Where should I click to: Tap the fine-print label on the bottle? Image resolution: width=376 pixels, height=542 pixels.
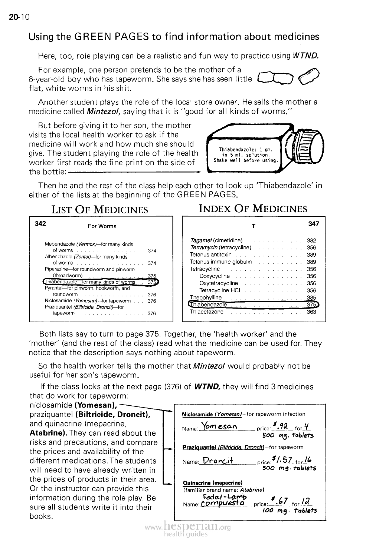coord(245,155)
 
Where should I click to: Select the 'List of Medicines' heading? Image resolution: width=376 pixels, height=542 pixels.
coord(99,210)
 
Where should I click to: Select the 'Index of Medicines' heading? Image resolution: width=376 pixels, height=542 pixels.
coord(253,209)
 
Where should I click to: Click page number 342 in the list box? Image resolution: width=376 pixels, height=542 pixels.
coord(40,223)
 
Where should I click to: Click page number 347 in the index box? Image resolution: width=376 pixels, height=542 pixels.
coord(313,224)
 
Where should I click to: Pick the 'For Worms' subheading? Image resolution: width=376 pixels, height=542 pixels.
coord(102,226)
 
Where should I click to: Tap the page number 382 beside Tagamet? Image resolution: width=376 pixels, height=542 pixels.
coord(311,240)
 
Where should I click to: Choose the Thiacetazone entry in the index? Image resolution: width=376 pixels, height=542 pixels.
coord(207,312)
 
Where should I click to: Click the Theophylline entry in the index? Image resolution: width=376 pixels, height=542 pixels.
coord(206,297)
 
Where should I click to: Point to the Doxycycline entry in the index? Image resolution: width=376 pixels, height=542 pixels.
coord(215,276)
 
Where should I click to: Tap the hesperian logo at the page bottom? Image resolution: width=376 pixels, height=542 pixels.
coord(188,528)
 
